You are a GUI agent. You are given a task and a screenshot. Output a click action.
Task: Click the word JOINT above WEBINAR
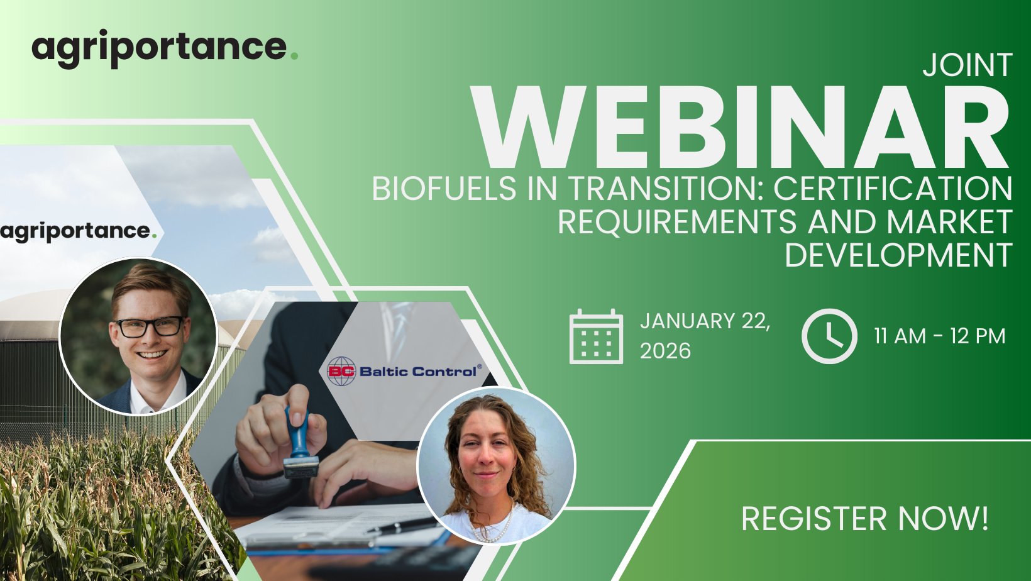[967, 65]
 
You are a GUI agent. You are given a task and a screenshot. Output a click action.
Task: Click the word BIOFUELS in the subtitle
[444, 188]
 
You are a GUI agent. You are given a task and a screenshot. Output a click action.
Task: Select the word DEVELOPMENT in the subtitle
[898, 255]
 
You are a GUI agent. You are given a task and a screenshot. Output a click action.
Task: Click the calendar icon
[596, 336]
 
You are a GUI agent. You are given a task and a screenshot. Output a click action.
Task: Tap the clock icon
[829, 336]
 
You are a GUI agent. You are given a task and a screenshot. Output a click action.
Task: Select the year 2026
[665, 351]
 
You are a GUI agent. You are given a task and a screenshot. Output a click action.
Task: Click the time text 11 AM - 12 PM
[940, 336]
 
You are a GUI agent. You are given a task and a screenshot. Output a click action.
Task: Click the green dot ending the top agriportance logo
[295, 56]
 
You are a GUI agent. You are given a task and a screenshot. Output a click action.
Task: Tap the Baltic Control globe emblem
[341, 371]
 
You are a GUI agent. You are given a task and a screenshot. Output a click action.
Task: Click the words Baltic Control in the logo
[418, 372]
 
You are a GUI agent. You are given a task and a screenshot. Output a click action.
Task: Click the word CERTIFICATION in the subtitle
[893, 188]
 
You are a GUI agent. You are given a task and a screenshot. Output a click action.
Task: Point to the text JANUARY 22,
[705, 321]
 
